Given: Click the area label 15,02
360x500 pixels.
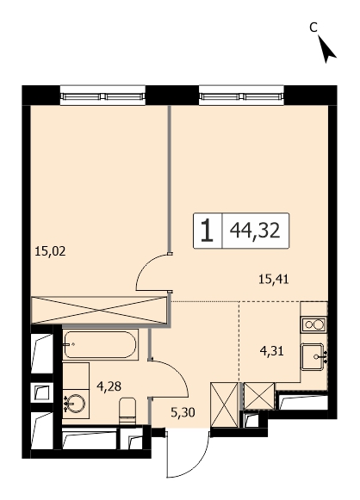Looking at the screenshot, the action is (50, 251).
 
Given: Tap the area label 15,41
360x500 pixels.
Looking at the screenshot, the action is (274, 280).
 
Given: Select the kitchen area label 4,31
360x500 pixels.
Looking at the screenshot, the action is (272, 351).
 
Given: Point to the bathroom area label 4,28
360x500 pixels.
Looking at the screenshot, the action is (109, 386).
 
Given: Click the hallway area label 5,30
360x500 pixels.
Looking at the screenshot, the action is (183, 413).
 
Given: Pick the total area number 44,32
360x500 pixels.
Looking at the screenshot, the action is (255, 231).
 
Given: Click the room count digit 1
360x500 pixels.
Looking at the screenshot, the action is (207, 231).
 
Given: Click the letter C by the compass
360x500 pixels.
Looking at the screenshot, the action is (313, 28).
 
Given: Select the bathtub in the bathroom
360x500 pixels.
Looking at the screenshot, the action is (100, 344).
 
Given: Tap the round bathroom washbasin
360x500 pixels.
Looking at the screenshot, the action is (75, 404).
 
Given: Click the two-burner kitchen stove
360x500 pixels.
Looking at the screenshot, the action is (313, 325).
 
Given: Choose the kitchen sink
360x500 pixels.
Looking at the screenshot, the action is (313, 357).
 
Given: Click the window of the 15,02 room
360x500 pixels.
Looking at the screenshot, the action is (102, 96).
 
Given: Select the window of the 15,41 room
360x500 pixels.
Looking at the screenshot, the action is (241, 96).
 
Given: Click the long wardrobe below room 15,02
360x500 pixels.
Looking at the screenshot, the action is (99, 310).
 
